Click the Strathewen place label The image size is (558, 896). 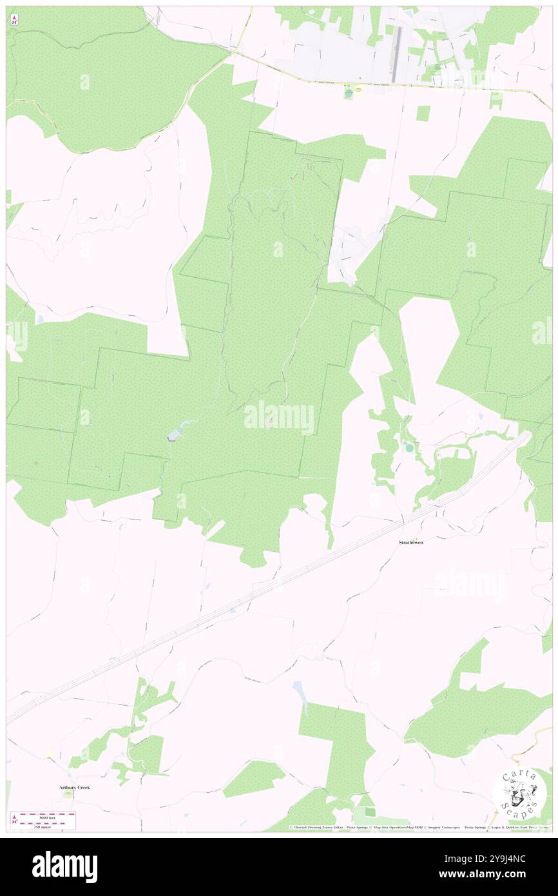coord(410,543)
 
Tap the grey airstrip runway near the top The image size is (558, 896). coord(396,46)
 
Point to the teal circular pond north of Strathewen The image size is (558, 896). coord(409,447)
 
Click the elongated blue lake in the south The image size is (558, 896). coord(300,694)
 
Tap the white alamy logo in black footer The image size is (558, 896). coord(65,866)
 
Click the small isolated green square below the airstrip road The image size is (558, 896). coord(423,113)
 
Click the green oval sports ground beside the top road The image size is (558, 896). coord(349,94)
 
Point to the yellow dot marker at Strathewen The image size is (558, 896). coord(416,538)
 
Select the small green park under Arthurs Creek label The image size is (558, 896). coord(68,795)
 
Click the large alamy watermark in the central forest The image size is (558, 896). coord(279,417)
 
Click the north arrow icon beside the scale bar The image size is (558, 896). coord(14,820)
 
